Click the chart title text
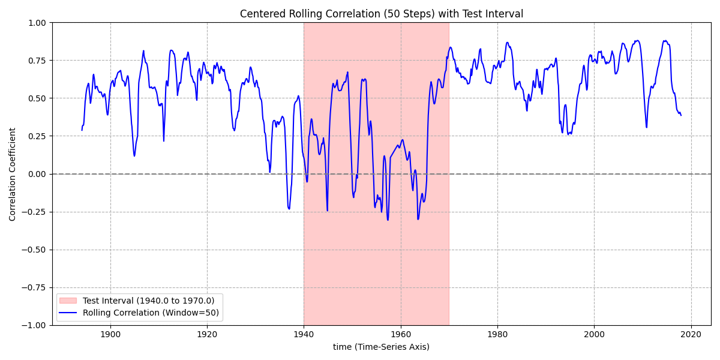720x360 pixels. pos(381,14)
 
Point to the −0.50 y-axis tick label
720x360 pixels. pos(34,250)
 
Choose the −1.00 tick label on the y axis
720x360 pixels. pos(34,325)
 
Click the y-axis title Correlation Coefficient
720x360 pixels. pos(13,174)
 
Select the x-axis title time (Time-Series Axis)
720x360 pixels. pos(381,347)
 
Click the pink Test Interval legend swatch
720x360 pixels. pos(69,301)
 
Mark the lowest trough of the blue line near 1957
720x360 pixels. pos(388,220)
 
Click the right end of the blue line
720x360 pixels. pos(681,115)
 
